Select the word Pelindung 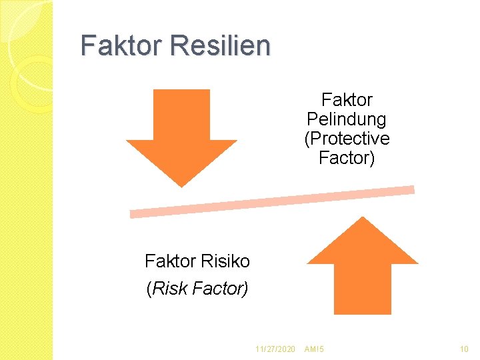point(346,119)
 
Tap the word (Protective point(347,139)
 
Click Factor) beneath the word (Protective point(347,158)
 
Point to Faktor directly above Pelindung point(347,100)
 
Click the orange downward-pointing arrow point(181,130)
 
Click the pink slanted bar point(272,201)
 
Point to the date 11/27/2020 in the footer point(275,349)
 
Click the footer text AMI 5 point(314,349)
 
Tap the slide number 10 point(464,349)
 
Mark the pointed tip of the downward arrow point(181,185)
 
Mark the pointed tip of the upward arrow point(362,218)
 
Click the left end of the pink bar point(133,214)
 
